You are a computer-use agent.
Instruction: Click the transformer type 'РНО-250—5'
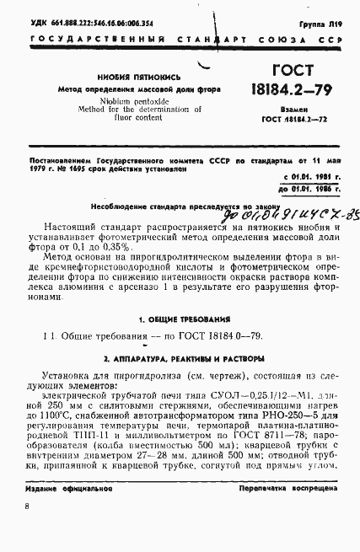[x=292, y=415]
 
